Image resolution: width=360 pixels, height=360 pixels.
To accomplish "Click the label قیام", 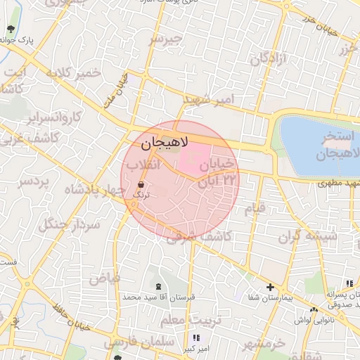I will pyautogui.click(x=255, y=209).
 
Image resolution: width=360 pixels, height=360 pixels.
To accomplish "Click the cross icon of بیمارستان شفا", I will pyautogui.click(x=271, y=287).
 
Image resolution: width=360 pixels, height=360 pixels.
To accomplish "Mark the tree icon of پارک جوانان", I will pyautogui.click(x=11, y=30).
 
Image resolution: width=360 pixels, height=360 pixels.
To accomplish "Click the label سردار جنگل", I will pyautogui.click(x=72, y=225).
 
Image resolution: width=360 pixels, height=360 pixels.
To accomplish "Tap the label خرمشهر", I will pyautogui.click(x=264, y=345).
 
